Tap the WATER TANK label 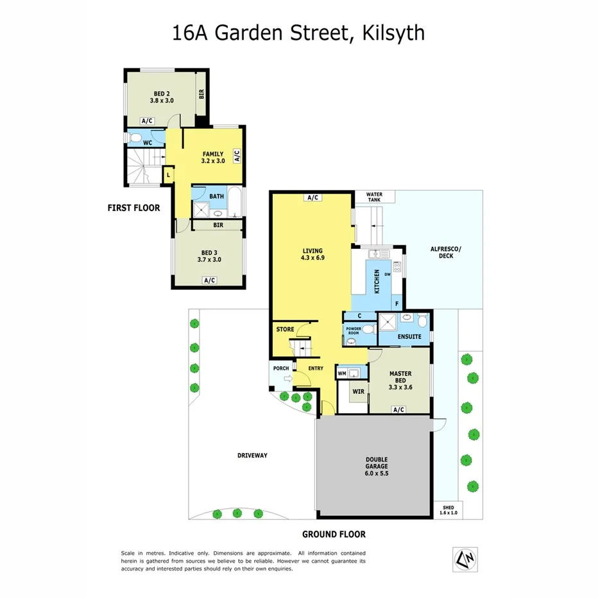[x=374, y=198]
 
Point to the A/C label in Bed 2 [x=147, y=121]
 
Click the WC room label [x=147, y=142]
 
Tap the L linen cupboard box [x=168, y=175]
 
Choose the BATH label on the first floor [x=216, y=196]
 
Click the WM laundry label [x=341, y=373]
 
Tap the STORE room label [x=285, y=329]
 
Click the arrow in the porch [x=287, y=380]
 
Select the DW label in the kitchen [x=388, y=275]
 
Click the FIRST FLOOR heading [x=134, y=208]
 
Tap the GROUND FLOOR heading [x=334, y=533]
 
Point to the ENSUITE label [x=409, y=336]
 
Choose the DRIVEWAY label [x=252, y=455]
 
